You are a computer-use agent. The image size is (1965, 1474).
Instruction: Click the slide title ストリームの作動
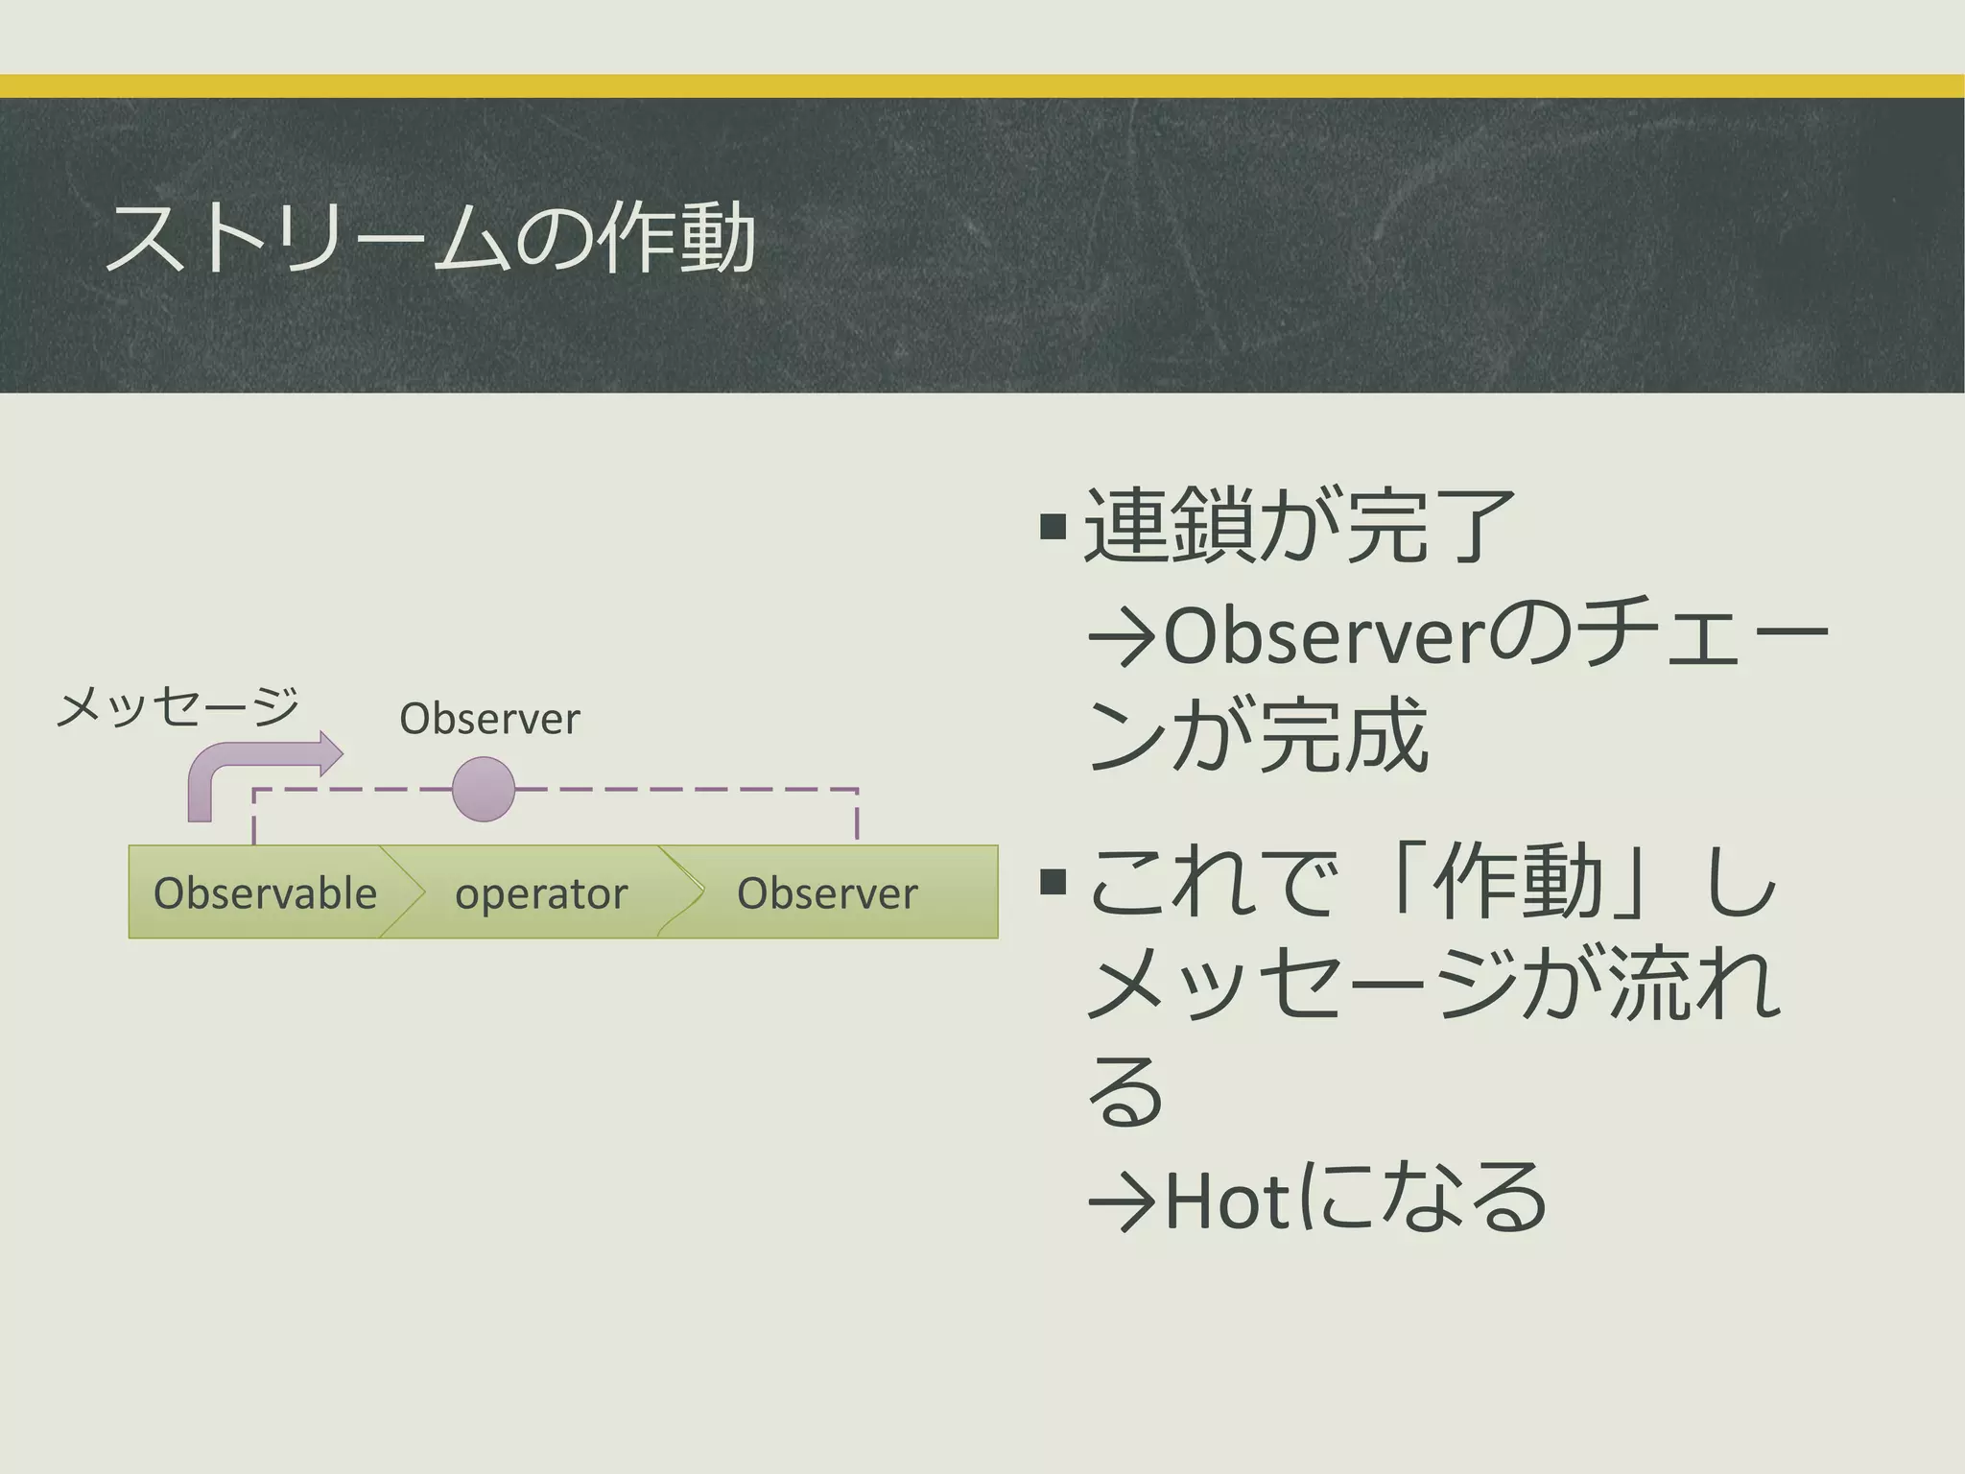point(431,238)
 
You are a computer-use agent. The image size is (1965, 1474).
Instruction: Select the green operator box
point(541,893)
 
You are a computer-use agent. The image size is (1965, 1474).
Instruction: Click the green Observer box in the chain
point(827,893)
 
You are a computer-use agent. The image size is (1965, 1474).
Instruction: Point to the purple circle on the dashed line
point(483,789)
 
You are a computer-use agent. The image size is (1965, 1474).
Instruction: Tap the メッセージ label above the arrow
point(178,708)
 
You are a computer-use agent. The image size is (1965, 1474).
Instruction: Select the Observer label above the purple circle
point(489,719)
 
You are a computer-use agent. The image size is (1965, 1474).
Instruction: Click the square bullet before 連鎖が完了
point(1053,526)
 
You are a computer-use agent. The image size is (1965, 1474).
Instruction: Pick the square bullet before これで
point(1053,881)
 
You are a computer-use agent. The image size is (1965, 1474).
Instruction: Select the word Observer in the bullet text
point(1324,636)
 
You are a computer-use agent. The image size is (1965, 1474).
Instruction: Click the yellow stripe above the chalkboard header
point(982,86)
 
